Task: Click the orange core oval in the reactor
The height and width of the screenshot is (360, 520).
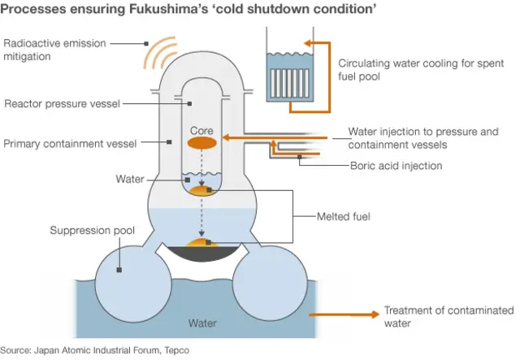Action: pyautogui.click(x=201, y=142)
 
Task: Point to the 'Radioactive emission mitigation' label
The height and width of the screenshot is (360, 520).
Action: pyautogui.click(x=54, y=50)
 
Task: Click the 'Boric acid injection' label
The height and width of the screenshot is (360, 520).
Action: pyautogui.click(x=396, y=166)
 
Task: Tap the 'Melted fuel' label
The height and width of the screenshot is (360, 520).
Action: pyautogui.click(x=347, y=217)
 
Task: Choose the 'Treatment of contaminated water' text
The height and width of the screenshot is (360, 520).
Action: pyautogui.click(x=448, y=316)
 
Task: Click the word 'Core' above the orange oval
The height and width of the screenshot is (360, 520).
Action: pyautogui.click(x=201, y=130)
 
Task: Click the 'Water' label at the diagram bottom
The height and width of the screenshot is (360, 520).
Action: pyautogui.click(x=202, y=323)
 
